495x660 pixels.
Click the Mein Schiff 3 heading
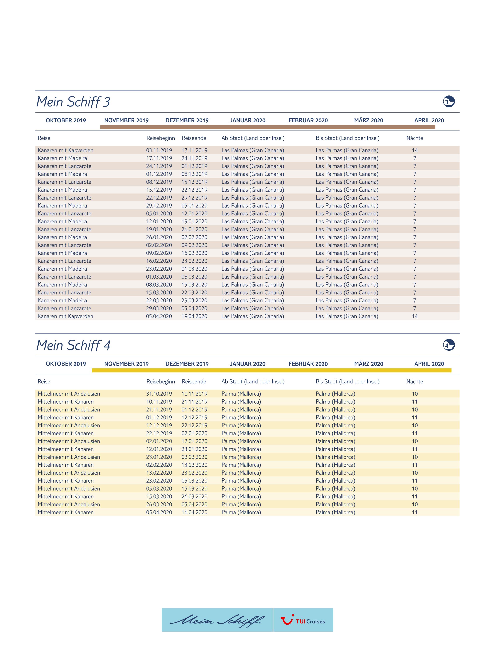[73, 102]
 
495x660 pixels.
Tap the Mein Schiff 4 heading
[73, 345]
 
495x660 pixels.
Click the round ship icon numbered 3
[448, 101]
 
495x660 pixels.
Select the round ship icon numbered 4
[448, 345]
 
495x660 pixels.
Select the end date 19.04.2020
[194, 316]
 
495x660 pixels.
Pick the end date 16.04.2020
[194, 512]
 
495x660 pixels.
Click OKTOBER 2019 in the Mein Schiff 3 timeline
[66, 121]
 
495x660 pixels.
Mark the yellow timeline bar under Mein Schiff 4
[271, 370]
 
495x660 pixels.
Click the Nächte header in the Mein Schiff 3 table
[414, 138]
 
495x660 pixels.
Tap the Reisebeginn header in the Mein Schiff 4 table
[160, 382]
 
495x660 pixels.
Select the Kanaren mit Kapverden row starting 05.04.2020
[65, 316]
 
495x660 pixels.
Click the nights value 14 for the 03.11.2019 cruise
[414, 150]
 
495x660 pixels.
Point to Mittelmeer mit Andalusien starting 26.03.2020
[69, 505]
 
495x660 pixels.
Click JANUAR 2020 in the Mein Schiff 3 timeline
[247, 121]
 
